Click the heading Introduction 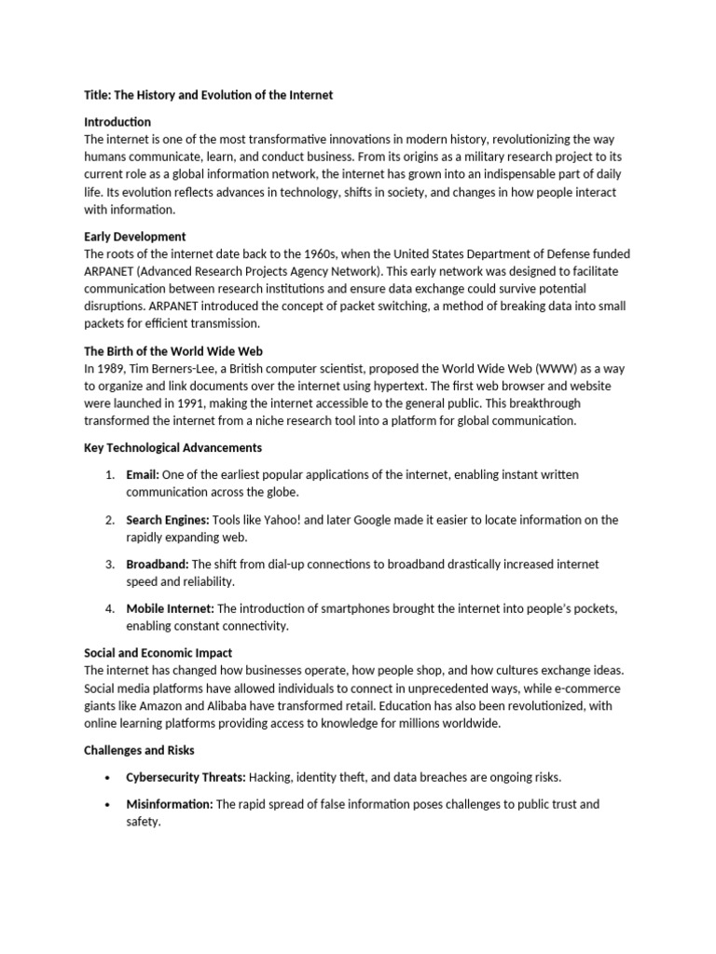tap(117, 122)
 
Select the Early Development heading tap(135, 237)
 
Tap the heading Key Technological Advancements tap(173, 448)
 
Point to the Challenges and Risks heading tap(140, 750)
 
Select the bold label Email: tap(143, 475)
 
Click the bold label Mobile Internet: tap(170, 609)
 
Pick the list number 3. tap(109, 565)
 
